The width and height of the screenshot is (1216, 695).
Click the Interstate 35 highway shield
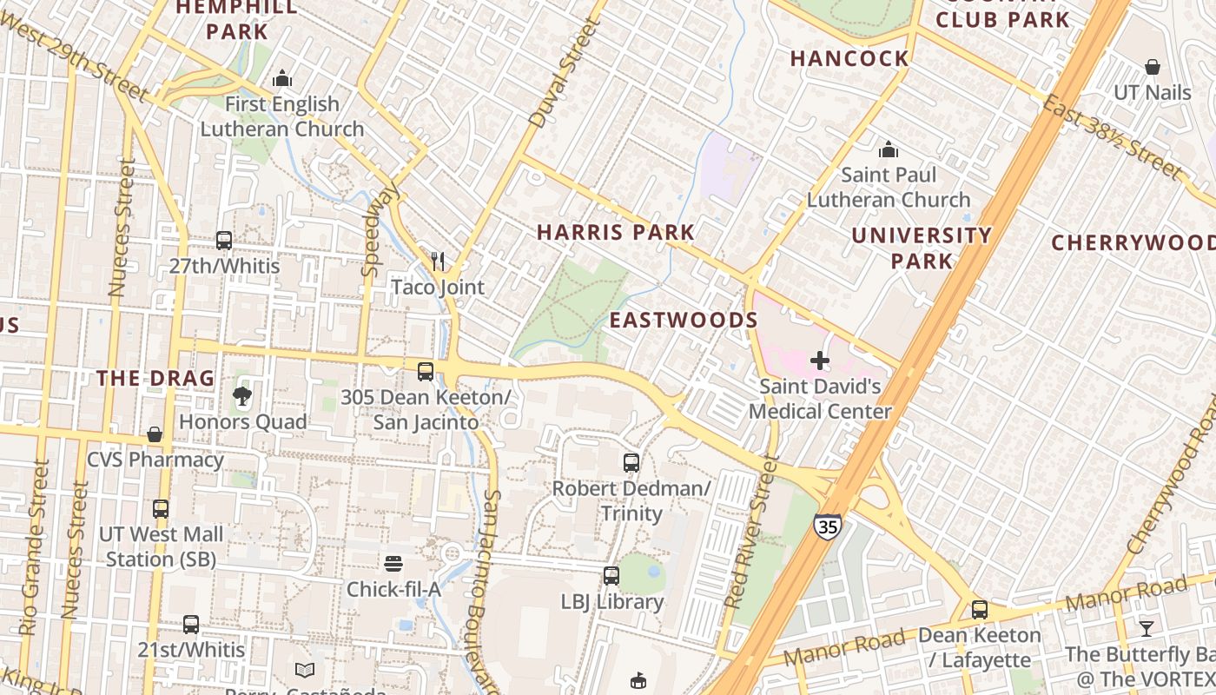[x=827, y=526]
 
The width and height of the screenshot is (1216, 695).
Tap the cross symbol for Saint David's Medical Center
[x=819, y=360]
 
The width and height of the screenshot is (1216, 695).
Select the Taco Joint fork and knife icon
[x=439, y=261]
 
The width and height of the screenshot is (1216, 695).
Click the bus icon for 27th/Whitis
[x=223, y=240]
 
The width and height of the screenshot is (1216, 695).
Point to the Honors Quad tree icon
[x=242, y=397]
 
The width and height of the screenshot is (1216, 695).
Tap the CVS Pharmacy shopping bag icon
[x=155, y=434]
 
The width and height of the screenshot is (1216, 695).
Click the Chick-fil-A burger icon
[x=393, y=564]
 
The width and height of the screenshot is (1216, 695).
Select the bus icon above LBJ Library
[x=611, y=575]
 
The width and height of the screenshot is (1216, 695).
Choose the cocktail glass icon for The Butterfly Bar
[x=1147, y=628]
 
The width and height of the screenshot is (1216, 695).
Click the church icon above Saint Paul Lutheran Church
[x=889, y=149]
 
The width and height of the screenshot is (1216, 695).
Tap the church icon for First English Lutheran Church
[x=282, y=79]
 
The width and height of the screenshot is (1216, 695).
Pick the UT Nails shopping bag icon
[x=1153, y=67]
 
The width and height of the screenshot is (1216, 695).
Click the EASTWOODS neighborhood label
[x=684, y=321]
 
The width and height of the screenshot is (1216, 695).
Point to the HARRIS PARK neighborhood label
[x=615, y=233]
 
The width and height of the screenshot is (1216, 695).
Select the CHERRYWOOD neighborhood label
[x=1133, y=243]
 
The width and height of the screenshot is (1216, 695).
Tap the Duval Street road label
[x=566, y=74]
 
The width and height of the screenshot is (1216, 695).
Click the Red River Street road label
[x=750, y=530]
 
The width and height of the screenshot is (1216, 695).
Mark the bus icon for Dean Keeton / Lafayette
[x=980, y=610]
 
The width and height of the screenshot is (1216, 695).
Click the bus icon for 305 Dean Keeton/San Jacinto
[x=426, y=372]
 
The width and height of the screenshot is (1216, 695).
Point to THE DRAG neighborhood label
[x=155, y=379]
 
